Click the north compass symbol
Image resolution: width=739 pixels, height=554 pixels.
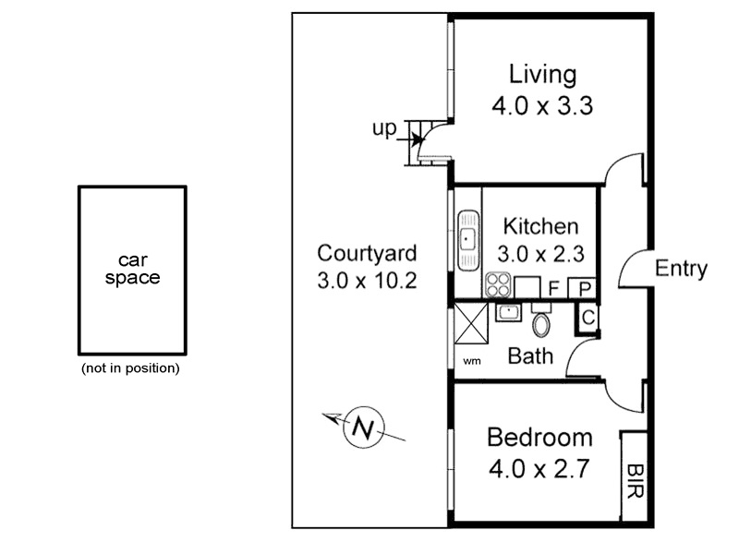363,428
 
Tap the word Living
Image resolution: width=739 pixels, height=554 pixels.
544,74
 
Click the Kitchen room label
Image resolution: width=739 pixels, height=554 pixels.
540,226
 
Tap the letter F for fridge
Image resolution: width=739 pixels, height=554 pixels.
552,289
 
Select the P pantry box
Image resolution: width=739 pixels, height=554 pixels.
584,289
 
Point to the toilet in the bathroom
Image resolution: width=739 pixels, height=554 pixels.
541,323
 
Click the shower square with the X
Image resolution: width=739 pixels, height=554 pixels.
471,325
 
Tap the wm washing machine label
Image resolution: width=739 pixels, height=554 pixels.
471,360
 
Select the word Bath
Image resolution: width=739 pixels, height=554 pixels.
531,355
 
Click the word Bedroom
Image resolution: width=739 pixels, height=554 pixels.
539,437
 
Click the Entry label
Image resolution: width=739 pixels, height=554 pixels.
681,269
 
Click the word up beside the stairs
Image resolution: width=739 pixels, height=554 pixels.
383,129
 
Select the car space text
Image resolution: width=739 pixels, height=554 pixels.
132,269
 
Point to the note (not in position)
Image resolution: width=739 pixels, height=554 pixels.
130,368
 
